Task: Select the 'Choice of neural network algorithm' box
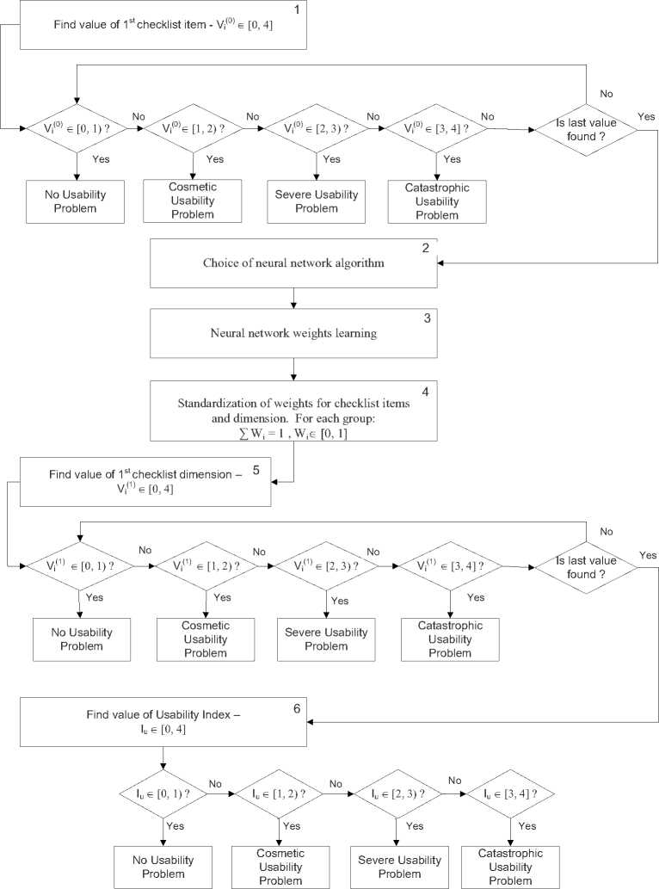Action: (294, 263)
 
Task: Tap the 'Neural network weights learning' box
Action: (294, 333)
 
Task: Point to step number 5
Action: (256, 471)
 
